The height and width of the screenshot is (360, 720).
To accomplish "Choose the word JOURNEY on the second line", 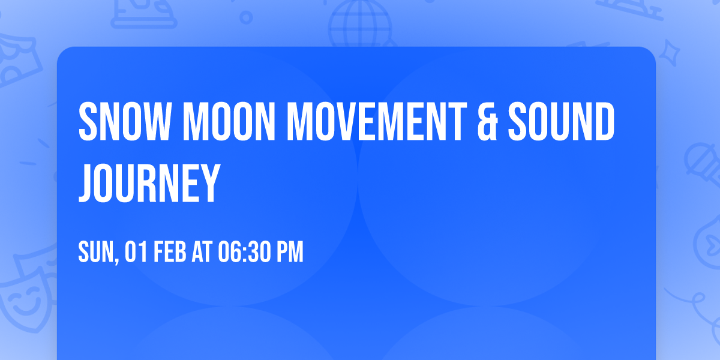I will [x=148, y=181].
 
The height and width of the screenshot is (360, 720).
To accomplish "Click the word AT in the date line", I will [x=202, y=251].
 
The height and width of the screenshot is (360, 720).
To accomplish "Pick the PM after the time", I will [x=290, y=251].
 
